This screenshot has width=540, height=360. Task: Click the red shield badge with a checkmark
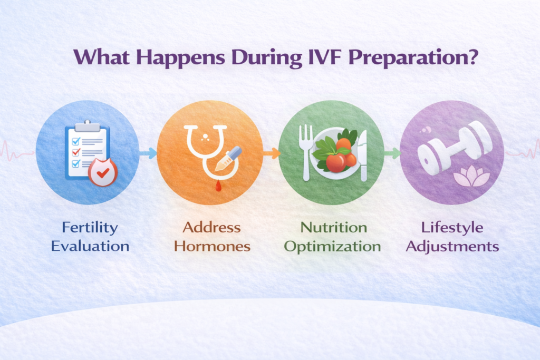(x=102, y=173)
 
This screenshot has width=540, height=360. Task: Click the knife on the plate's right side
(x=363, y=155)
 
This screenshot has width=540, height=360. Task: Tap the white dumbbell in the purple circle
(x=454, y=143)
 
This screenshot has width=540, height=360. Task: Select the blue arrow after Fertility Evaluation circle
(x=148, y=153)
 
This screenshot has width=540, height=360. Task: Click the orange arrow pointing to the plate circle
(x=271, y=153)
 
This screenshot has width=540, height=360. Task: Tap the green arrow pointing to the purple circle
(x=392, y=153)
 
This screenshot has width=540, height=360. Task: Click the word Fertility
(x=90, y=228)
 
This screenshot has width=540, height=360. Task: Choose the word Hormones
(x=211, y=246)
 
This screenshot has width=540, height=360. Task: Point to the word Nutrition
(x=333, y=228)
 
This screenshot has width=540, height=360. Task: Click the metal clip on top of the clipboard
(x=87, y=125)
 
